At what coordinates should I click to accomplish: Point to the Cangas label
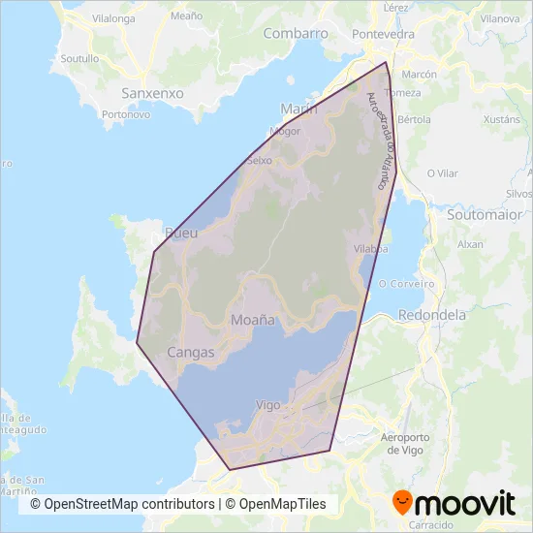190,353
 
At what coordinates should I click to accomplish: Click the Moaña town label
253,319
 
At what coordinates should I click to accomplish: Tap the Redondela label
431,315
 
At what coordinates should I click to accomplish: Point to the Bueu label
181,233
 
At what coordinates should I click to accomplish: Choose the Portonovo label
125,113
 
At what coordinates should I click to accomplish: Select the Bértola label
414,120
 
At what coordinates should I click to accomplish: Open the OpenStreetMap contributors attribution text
122,504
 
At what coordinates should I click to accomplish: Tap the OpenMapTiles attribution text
277,504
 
